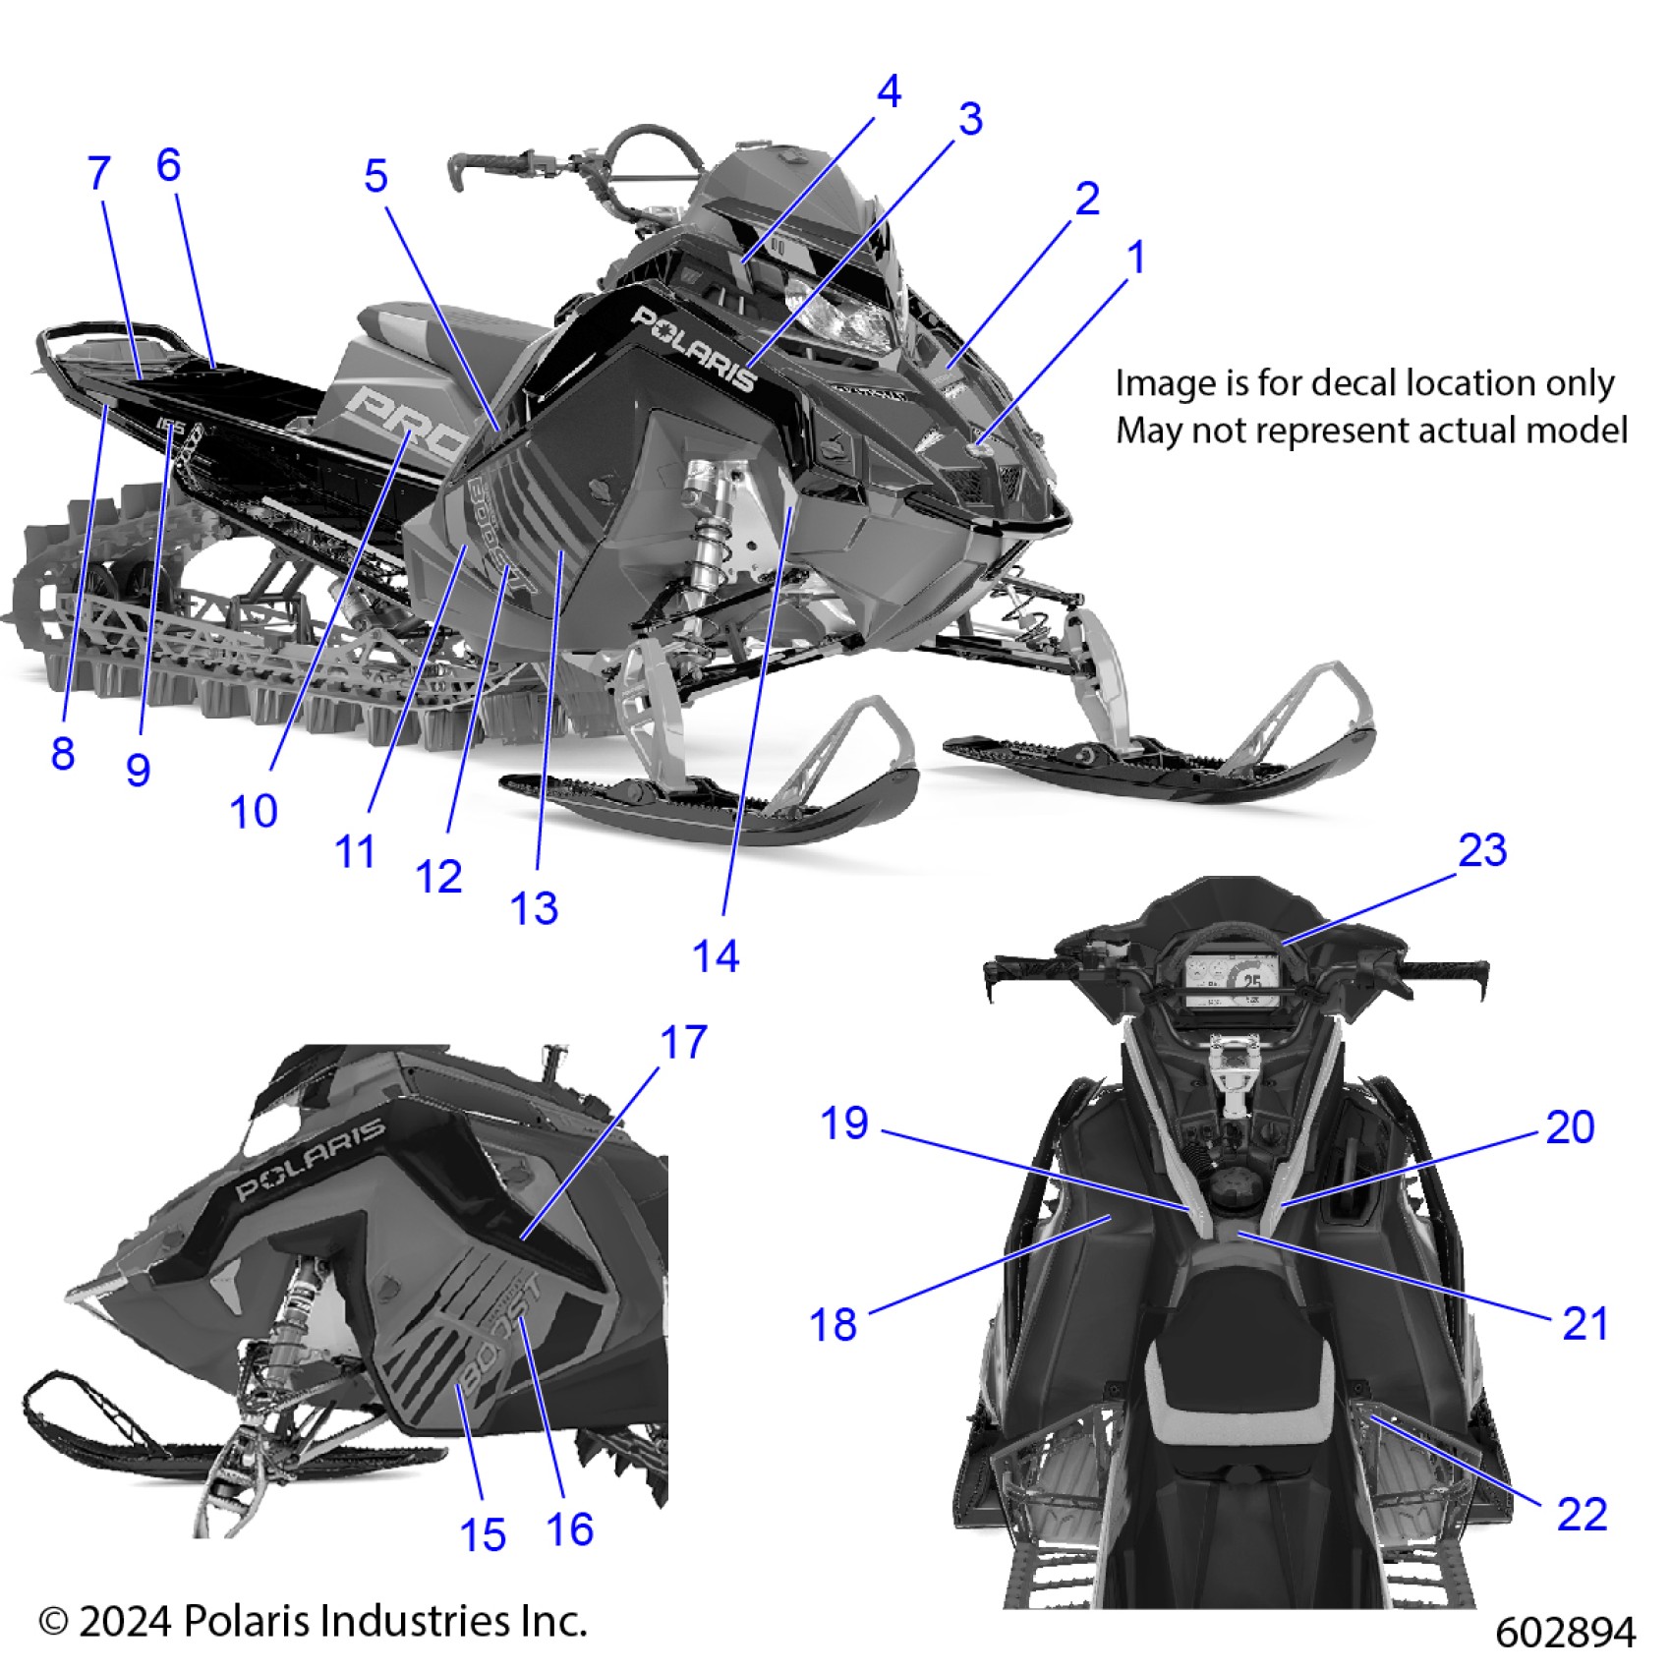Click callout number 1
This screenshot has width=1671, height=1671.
click(1136, 259)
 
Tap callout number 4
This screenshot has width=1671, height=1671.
click(889, 92)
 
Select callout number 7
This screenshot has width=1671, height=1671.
click(98, 174)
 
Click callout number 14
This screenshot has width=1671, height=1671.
click(716, 956)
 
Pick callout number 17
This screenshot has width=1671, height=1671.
click(683, 1043)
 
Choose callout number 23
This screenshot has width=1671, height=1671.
click(1482, 850)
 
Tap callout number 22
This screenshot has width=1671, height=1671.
click(1582, 1514)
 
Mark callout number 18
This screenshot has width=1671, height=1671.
click(833, 1325)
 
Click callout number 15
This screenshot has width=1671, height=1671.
click(483, 1535)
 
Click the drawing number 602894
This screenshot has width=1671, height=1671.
click(1565, 1633)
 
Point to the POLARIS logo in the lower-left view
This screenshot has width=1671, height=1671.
click(311, 1160)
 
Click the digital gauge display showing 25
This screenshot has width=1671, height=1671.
click(1234, 981)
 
